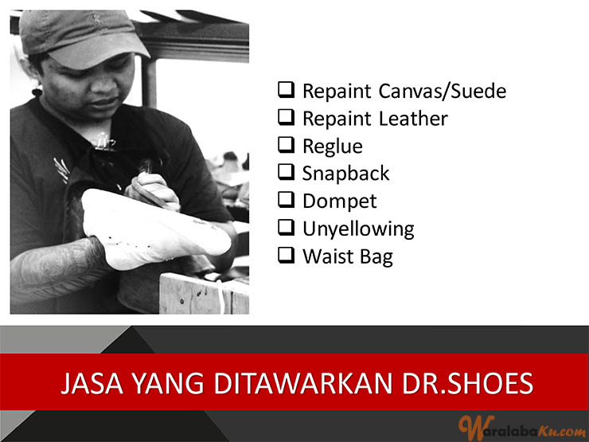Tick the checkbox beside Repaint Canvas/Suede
pyautogui.click(x=287, y=90)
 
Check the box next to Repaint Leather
pyautogui.click(x=287, y=118)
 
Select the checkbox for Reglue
pyautogui.click(x=287, y=145)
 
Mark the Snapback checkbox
pyautogui.click(x=287, y=173)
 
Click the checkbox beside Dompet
pyautogui.click(x=287, y=200)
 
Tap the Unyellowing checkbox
pyautogui.click(x=287, y=228)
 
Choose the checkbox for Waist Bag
pyautogui.click(x=287, y=255)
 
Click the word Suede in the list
pyautogui.click(x=478, y=91)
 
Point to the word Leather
pyautogui.click(x=413, y=119)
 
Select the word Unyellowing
pyautogui.click(x=358, y=229)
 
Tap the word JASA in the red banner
pyautogui.click(x=92, y=383)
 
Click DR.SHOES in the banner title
pyautogui.click(x=468, y=383)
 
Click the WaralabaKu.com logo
pyautogui.click(x=522, y=428)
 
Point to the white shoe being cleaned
pyautogui.click(x=154, y=229)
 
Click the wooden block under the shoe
pyautogui.click(x=204, y=294)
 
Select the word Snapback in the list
pyautogui.click(x=346, y=174)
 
